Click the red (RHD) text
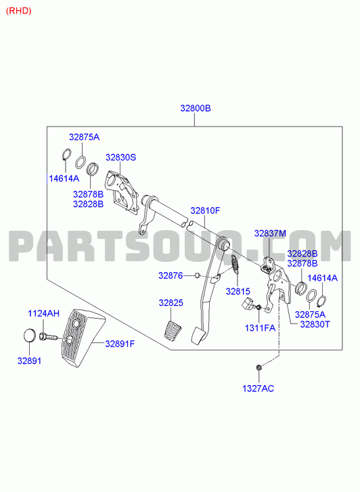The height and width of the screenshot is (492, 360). [x=19, y=11]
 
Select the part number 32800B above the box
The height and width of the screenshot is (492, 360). [x=195, y=108]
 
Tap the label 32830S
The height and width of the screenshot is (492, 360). [x=120, y=157]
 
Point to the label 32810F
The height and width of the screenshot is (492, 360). [x=205, y=210]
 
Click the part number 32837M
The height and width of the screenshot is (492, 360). [x=270, y=233]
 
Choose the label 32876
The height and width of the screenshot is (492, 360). [x=171, y=275]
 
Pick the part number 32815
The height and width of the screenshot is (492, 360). [x=238, y=292]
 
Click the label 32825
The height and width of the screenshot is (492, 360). [x=171, y=303]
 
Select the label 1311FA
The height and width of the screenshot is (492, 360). [x=260, y=328]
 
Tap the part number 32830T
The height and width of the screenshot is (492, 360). [x=315, y=324]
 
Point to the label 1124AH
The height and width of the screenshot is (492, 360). [x=43, y=313]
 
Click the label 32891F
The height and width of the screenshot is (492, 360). [x=120, y=344]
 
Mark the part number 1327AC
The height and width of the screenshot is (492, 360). [x=258, y=388]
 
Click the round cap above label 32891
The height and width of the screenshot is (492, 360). [x=29, y=335]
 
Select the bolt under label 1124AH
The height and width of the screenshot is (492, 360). [x=48, y=337]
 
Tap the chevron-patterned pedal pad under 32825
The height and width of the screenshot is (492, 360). [x=173, y=330]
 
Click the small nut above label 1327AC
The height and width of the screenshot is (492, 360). [x=258, y=367]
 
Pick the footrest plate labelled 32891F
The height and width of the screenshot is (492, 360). [x=83, y=338]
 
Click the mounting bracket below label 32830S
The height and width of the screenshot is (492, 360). [x=122, y=192]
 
